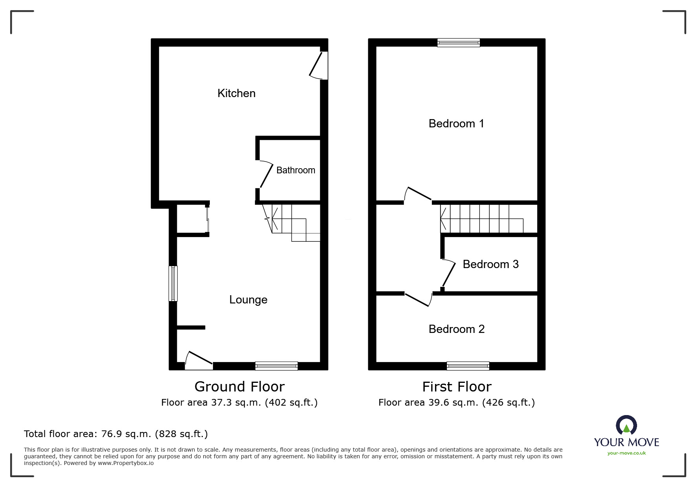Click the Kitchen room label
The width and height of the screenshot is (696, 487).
(x=236, y=93)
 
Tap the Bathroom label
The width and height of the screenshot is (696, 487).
(x=296, y=170)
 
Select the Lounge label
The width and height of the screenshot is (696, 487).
(x=248, y=300)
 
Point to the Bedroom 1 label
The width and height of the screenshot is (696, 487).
(x=456, y=123)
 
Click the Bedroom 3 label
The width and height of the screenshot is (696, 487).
(x=490, y=264)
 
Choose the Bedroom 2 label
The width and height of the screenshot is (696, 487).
(x=456, y=329)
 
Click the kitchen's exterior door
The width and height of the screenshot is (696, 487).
(x=319, y=65)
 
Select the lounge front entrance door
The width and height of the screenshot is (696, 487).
(x=199, y=359)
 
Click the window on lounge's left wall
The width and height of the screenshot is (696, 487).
(x=173, y=283)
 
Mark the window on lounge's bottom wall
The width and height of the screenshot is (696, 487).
(x=276, y=366)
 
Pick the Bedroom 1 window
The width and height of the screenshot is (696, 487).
(x=459, y=42)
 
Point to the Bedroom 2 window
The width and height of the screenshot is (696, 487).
(x=468, y=366)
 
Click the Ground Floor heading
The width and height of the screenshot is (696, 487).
(x=239, y=387)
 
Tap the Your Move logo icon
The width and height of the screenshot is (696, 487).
(x=626, y=426)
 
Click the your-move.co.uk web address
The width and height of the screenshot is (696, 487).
(x=626, y=453)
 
